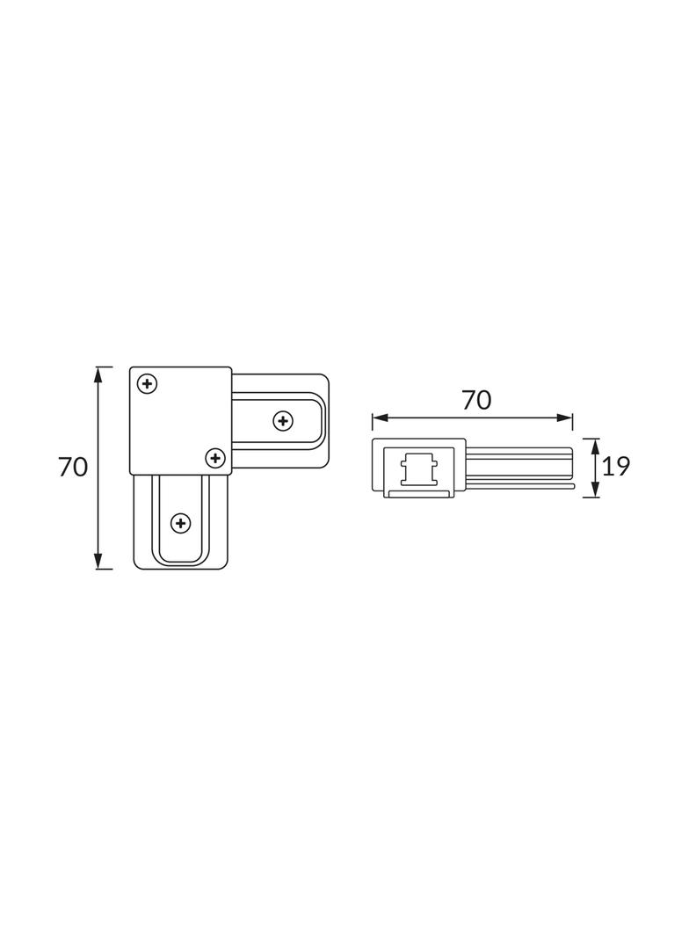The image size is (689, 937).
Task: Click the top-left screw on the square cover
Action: coord(148,383)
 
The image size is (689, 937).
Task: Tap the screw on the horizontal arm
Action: coord(283,421)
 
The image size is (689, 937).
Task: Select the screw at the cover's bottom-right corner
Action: coord(215,458)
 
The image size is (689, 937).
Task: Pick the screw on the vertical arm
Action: coord(180,524)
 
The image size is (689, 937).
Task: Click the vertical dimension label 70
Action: coord(73,468)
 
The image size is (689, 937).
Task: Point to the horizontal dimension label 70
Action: coord(476,400)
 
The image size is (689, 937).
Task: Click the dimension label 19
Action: coord(616,467)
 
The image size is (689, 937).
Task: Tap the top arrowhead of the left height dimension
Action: coord(99,374)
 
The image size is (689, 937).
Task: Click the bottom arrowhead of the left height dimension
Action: coord(99,561)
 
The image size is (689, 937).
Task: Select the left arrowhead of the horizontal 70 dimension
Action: coord(380,418)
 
